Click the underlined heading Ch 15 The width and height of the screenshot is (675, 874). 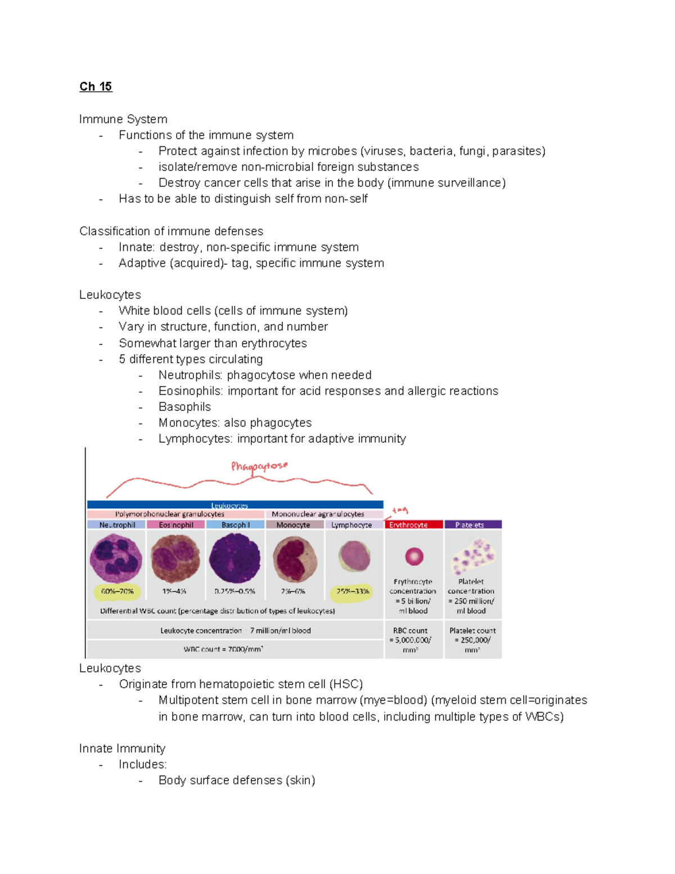(96, 87)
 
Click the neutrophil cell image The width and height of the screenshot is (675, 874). (116, 558)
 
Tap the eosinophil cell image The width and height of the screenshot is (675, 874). (175, 558)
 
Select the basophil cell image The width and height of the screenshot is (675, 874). (235, 558)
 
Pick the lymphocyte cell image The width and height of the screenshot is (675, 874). (353, 556)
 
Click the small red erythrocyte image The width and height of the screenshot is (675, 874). (414, 557)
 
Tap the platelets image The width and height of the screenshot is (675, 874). (473, 557)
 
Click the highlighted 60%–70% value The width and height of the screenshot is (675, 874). (117, 591)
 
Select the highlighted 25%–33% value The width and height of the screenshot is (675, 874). (353, 591)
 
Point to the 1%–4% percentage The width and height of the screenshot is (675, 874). (174, 591)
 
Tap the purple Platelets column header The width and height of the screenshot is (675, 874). (472, 525)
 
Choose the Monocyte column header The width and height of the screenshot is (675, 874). (294, 525)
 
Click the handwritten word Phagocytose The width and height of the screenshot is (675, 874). (259, 466)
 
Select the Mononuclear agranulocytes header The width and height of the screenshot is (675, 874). (318, 514)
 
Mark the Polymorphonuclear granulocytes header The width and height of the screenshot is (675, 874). (169, 514)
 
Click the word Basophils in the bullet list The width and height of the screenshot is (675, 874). (184, 407)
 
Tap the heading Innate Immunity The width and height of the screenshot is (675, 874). (122, 748)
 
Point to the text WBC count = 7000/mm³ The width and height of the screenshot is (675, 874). (223, 649)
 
